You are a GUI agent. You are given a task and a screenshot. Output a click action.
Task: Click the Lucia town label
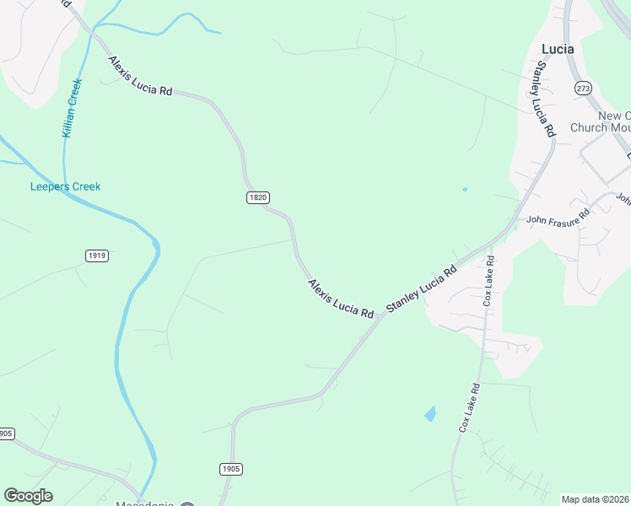(557, 49)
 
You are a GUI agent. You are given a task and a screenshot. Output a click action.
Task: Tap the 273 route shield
(583, 89)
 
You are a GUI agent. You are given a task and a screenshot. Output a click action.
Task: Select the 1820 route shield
(258, 197)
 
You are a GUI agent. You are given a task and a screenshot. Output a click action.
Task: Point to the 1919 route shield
(97, 255)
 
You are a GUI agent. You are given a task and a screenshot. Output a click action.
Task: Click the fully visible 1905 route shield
(230, 469)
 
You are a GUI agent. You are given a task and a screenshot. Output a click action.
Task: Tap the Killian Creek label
(72, 108)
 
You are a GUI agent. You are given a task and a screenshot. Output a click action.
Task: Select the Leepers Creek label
(65, 186)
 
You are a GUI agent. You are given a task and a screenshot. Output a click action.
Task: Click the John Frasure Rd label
(557, 220)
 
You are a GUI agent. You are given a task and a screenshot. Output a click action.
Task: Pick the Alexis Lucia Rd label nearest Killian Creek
(140, 76)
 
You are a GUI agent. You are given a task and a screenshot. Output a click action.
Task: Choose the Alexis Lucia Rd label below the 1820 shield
(340, 299)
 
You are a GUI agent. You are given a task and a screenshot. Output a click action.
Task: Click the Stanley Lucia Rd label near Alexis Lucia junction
(421, 288)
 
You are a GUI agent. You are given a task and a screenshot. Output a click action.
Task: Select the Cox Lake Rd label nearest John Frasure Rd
(488, 283)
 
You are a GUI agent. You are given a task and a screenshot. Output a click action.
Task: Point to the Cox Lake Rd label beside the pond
(469, 408)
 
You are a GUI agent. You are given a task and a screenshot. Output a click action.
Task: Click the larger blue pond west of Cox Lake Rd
(430, 413)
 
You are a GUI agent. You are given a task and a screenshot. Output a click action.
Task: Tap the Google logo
(28, 496)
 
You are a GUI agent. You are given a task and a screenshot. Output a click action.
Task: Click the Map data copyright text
(595, 499)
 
